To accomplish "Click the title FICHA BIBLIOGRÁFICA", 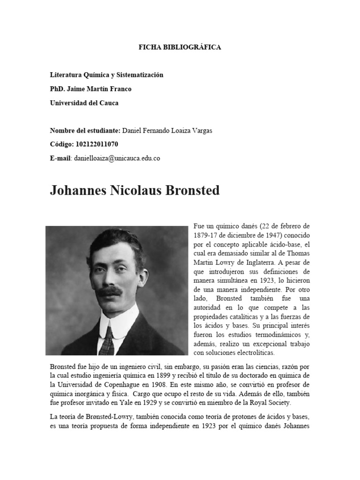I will pos(180,47).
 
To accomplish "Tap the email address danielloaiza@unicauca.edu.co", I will pos(117,158).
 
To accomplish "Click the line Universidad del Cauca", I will pos(84,103).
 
